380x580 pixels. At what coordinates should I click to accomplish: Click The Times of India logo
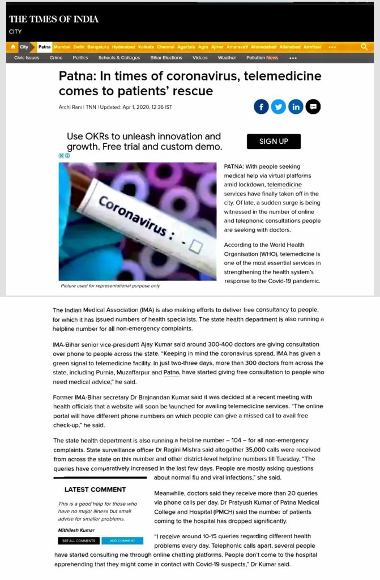click(x=54, y=19)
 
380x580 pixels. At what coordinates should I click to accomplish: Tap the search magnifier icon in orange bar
click(x=364, y=47)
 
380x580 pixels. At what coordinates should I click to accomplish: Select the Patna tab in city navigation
click(x=45, y=47)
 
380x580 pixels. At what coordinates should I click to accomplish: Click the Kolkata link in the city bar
click(x=146, y=47)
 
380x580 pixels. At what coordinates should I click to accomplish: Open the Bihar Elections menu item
click(x=166, y=58)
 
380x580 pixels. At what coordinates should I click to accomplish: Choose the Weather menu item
click(x=227, y=58)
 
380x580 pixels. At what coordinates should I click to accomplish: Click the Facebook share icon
click(x=261, y=106)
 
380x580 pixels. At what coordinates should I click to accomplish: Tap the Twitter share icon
click(x=278, y=106)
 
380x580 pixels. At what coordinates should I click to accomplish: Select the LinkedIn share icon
click(x=296, y=106)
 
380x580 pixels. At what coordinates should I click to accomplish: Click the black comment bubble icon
click(x=313, y=106)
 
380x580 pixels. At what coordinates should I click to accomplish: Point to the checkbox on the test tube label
click(x=195, y=247)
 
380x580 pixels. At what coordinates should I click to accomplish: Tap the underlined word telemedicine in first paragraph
click(x=284, y=185)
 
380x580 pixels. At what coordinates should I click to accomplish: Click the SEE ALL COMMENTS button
click(x=79, y=541)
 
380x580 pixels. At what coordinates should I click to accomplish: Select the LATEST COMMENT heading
click(x=95, y=489)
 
